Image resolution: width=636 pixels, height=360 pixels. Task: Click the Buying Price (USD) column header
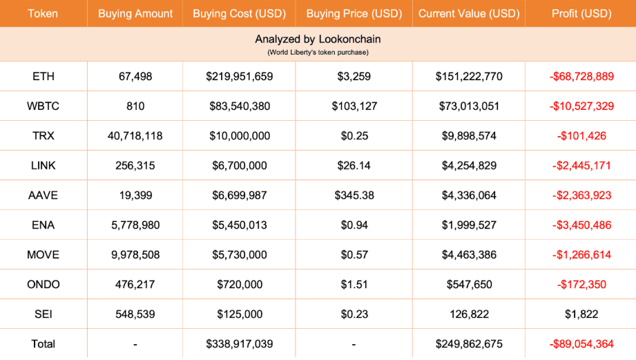click(x=354, y=13)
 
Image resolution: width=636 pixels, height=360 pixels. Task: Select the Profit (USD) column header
click(x=581, y=13)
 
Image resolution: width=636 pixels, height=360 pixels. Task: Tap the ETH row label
click(x=44, y=76)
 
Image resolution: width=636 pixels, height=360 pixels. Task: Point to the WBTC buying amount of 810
click(x=135, y=106)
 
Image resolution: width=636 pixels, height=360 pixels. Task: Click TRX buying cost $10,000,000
click(x=240, y=135)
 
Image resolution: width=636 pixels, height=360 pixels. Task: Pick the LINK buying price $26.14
click(x=354, y=165)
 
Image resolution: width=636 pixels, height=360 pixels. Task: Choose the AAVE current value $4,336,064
click(x=469, y=195)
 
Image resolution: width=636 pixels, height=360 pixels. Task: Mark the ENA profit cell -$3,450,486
click(x=581, y=225)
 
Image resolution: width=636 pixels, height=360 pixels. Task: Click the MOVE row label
click(x=44, y=254)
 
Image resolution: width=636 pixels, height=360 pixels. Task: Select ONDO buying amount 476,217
click(x=135, y=284)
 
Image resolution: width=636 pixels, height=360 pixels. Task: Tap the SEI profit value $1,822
click(x=581, y=314)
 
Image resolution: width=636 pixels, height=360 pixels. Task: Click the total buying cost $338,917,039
click(x=240, y=343)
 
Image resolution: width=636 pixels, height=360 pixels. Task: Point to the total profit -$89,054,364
click(x=581, y=343)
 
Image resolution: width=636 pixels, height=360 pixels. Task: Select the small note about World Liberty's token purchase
click(x=318, y=52)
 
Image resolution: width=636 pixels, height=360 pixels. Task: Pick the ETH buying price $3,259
click(x=354, y=76)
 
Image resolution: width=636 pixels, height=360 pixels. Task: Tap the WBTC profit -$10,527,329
click(x=581, y=106)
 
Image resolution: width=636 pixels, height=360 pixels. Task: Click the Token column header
click(x=44, y=13)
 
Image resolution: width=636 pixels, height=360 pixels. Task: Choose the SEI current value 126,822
click(x=469, y=314)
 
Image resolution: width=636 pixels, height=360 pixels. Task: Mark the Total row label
click(x=44, y=343)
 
